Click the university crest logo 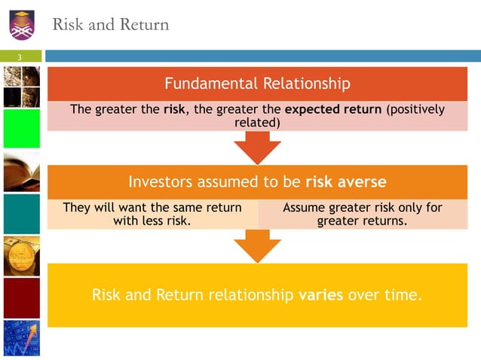click(23, 23)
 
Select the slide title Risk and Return click(110, 25)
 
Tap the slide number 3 click(21, 58)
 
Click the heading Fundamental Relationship click(257, 83)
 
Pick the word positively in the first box click(415, 109)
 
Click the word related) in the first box click(258, 122)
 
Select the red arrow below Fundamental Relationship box click(258, 148)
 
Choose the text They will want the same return click(152, 207)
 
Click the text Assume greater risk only click(362, 207)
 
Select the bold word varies click(321, 294)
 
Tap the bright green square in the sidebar click(21, 129)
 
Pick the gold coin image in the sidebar click(21, 256)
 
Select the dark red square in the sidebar click(21, 298)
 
